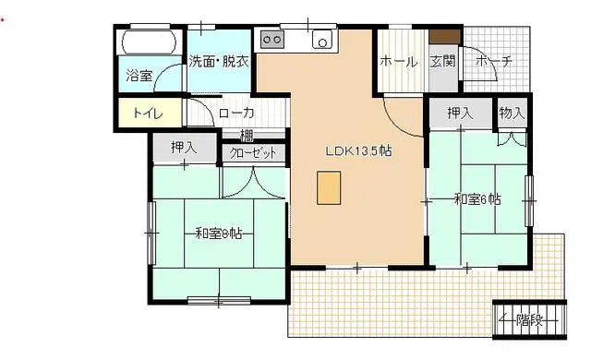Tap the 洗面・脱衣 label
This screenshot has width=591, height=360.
[x=220, y=63]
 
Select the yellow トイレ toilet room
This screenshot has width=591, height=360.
[x=148, y=114]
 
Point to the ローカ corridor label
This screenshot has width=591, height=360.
[x=236, y=114]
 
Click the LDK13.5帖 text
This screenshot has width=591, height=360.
[x=358, y=151]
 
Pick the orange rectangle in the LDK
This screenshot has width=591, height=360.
[x=328, y=187]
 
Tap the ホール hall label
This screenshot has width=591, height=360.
[x=399, y=62]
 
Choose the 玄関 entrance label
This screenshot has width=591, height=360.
[x=443, y=62]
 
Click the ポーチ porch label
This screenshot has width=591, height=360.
[x=494, y=62]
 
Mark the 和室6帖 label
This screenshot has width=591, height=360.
[x=477, y=198]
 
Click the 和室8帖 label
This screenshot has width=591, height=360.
[x=218, y=234]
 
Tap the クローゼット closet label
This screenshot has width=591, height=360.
[x=252, y=153]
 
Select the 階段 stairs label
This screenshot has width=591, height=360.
[x=529, y=320]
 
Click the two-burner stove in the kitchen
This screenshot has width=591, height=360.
[x=271, y=40]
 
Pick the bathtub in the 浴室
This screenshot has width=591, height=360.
[x=148, y=42]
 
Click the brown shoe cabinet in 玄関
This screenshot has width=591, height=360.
[x=444, y=36]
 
